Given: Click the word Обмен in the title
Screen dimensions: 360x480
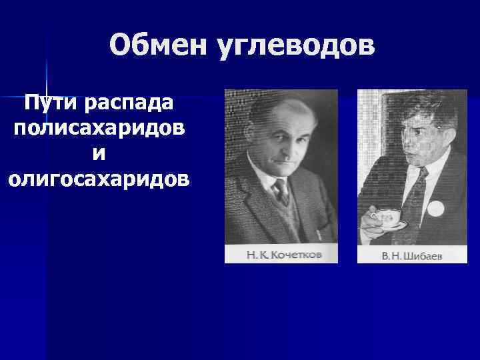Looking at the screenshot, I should [157, 45].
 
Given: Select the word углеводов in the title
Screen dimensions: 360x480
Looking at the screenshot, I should [295, 45].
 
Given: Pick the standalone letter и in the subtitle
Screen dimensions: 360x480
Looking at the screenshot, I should [99, 153].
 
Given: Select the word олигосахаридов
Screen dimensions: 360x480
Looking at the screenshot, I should [99, 178].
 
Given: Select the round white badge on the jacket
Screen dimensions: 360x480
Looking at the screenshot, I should [435, 208].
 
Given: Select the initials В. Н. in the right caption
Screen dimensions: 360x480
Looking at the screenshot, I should [390, 256].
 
